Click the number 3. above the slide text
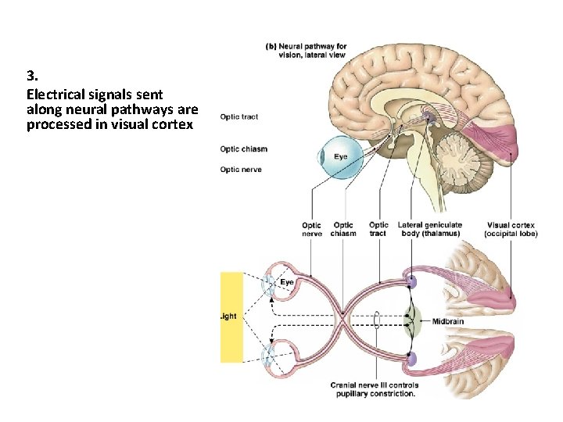pyautogui.click(x=32, y=77)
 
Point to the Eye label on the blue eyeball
pyautogui.click(x=341, y=157)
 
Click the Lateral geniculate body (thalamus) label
pyautogui.click(x=429, y=229)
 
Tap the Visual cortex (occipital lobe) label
pyautogui.click(x=511, y=229)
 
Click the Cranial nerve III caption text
pyautogui.click(x=374, y=388)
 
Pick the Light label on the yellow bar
pyautogui.click(x=230, y=316)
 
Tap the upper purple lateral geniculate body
pyautogui.click(x=411, y=281)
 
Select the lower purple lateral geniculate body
pyautogui.click(x=411, y=359)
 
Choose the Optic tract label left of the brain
pyautogui.click(x=239, y=117)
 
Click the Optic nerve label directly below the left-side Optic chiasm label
pyautogui.click(x=241, y=170)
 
